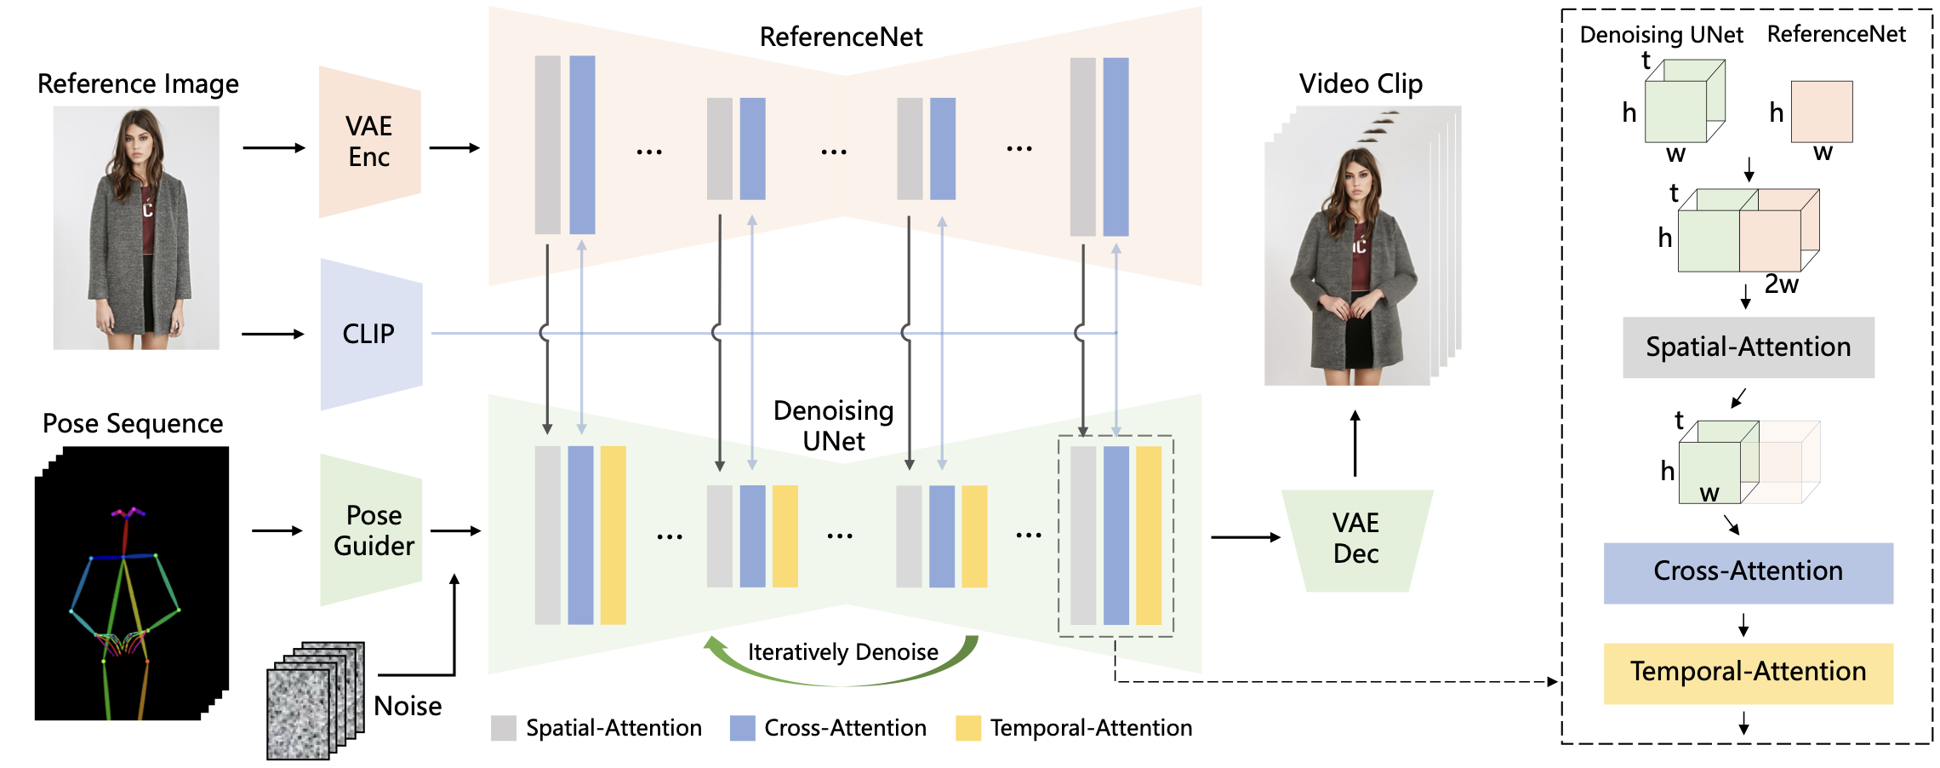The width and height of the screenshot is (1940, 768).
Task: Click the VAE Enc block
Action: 369,141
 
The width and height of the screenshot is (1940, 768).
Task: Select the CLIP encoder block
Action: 371,334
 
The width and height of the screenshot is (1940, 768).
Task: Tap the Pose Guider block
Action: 371,530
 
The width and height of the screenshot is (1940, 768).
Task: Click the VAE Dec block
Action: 1356,540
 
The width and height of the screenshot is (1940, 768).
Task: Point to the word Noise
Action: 408,706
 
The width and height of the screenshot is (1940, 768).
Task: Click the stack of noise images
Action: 316,700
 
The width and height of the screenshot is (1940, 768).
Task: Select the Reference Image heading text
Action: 138,83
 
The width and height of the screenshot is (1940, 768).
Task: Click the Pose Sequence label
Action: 133,423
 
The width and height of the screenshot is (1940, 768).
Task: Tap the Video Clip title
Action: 1361,83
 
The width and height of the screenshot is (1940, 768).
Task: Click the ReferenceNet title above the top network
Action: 841,37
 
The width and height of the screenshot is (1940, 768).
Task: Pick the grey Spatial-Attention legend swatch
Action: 504,728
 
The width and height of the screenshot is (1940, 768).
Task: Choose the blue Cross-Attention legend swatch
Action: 743,728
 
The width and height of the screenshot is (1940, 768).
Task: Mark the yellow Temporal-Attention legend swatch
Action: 968,728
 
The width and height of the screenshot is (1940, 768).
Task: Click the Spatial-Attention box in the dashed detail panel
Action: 1749,347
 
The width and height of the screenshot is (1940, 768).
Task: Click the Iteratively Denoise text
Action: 843,652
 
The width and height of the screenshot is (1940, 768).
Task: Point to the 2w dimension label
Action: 1781,284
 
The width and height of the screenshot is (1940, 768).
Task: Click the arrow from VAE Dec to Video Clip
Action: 1355,444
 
